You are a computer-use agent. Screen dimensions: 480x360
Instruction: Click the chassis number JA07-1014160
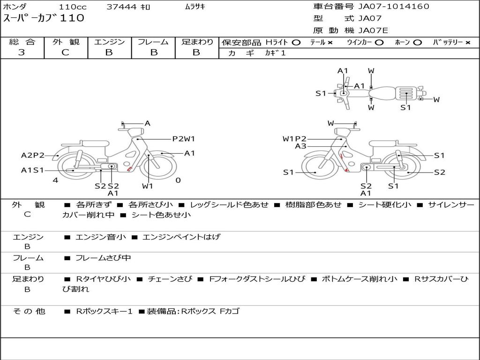[394, 7]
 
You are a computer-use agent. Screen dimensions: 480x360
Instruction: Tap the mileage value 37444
[121, 7]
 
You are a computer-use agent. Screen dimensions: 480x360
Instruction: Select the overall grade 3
[22, 52]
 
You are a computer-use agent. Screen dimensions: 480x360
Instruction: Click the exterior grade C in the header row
[66, 52]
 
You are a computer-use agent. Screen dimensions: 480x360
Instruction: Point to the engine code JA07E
[373, 30]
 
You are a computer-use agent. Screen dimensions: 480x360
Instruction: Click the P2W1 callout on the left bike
[184, 139]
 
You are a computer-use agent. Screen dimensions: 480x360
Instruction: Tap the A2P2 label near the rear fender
[33, 155]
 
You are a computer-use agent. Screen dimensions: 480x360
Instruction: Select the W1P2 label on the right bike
[294, 139]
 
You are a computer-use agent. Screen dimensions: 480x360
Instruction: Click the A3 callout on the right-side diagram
[300, 146]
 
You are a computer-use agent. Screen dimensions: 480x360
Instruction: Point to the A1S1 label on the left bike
[32, 170]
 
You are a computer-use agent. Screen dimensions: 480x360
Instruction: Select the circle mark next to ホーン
[417, 43]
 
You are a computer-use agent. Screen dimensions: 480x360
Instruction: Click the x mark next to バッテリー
[468, 43]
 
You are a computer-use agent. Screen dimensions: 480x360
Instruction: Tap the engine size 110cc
[73, 7]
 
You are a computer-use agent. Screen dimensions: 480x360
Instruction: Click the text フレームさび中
[103, 258]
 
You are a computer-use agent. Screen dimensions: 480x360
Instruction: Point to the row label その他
[29, 311]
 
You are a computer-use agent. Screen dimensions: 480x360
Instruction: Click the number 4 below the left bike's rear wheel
[55, 180]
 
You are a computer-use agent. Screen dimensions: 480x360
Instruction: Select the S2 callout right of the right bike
[440, 172]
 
